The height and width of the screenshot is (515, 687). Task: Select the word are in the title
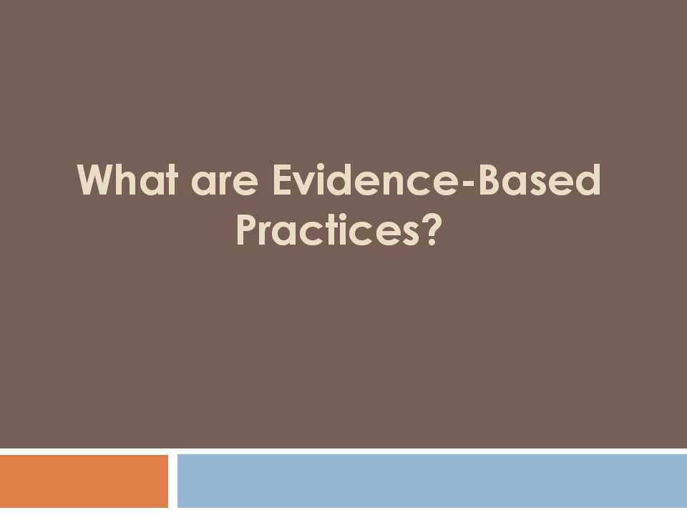[224, 185]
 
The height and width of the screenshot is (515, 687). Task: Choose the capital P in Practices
[247, 230]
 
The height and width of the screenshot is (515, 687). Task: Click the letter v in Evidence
[304, 184]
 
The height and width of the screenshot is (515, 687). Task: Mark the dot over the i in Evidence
[321, 167]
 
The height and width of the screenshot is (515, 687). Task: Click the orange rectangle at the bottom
[84, 481]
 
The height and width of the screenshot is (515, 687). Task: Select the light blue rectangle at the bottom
[432, 481]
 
